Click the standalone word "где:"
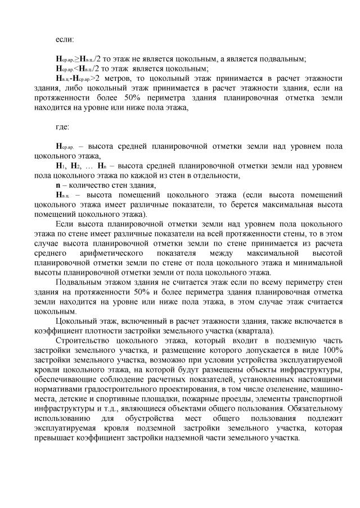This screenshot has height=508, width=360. (x=62, y=128)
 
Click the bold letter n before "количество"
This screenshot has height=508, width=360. (x=57, y=185)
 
